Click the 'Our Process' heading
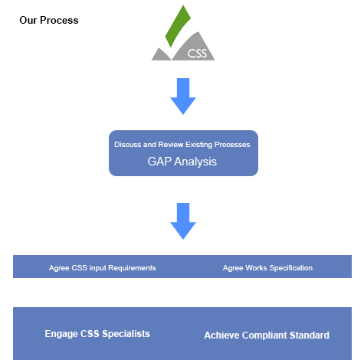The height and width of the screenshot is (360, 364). coord(49,20)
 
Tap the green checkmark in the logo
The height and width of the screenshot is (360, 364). coord(178,27)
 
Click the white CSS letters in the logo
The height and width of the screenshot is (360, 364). coord(197,54)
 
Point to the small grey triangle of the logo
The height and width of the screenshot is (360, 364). coord(161,54)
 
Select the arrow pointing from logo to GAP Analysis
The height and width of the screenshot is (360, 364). coord(183,97)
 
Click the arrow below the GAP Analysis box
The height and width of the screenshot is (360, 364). coord(183,221)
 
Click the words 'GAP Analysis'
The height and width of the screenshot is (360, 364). coord(182,162)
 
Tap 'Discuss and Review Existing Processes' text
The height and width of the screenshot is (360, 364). coord(182,145)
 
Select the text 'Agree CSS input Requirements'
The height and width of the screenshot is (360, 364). coord(103,268)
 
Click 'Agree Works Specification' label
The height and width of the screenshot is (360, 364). coord(267,268)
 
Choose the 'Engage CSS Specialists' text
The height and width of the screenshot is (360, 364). coord(97,334)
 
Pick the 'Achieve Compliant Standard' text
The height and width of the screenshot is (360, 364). coord(267,335)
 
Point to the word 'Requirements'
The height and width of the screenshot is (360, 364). coord(132,268)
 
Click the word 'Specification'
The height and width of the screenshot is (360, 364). coord(291,268)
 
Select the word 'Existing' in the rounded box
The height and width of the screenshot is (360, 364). coord(199,145)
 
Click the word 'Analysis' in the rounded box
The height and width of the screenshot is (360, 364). coord(195,162)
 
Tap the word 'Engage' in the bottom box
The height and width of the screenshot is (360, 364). coord(61,334)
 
